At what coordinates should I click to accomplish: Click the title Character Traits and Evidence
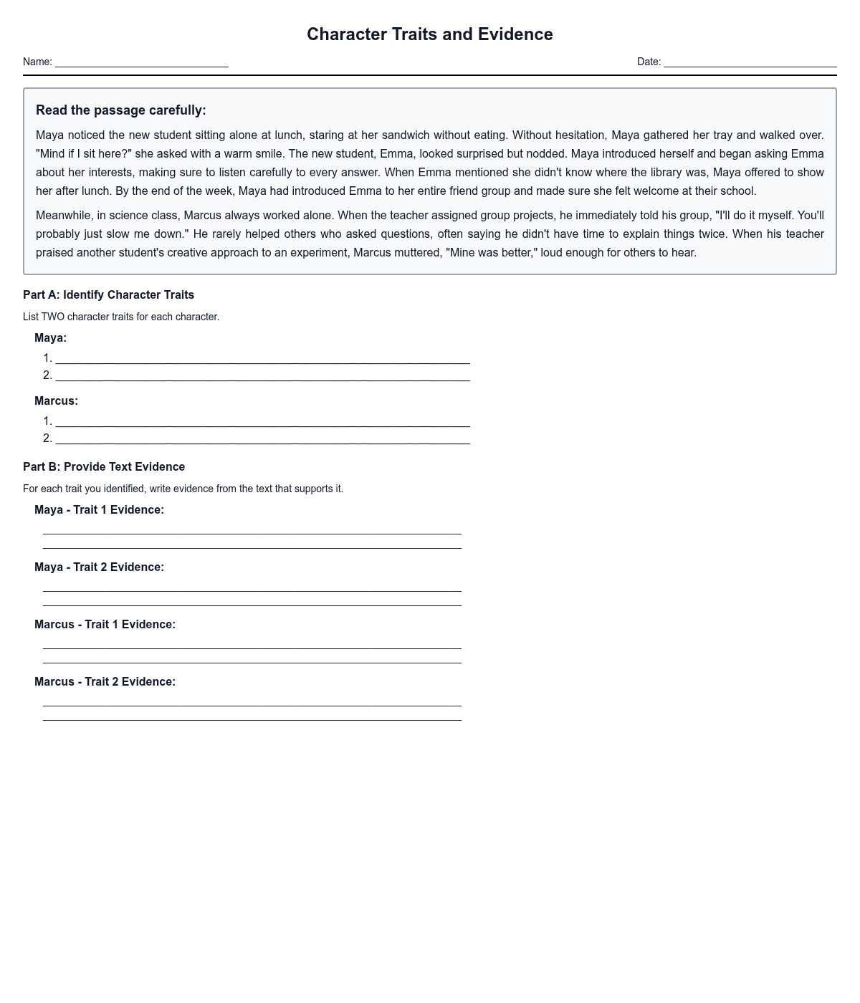tap(429, 34)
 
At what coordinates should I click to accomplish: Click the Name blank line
tap(141, 63)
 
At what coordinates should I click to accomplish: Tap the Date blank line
tap(750, 63)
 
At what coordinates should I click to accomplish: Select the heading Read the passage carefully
tap(120, 110)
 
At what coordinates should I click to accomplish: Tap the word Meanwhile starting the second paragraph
tap(63, 216)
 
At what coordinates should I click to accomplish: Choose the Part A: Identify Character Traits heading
tap(108, 295)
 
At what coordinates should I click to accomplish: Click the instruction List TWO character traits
tap(121, 317)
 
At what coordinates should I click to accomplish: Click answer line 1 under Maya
tap(262, 359)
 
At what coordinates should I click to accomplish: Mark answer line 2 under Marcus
tap(262, 439)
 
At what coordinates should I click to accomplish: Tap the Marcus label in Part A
tap(56, 401)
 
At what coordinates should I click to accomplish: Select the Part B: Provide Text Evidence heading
tap(104, 467)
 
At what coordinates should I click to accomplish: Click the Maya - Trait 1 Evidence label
tap(99, 510)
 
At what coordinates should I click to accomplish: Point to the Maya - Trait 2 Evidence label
tap(99, 567)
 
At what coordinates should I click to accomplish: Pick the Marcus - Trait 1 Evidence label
tap(105, 625)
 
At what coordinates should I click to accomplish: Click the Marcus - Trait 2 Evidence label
tap(105, 682)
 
